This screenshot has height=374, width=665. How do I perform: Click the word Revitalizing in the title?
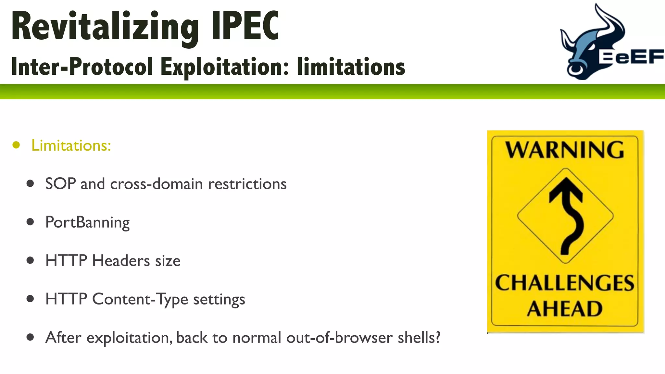tap(105, 27)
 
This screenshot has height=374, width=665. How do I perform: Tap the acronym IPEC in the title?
tap(245, 26)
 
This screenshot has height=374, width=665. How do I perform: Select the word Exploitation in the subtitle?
tap(224, 67)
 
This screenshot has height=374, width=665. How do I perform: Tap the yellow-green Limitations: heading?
tap(71, 145)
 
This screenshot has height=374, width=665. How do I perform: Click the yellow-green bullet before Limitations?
tap(16, 145)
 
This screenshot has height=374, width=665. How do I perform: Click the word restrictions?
tap(247, 184)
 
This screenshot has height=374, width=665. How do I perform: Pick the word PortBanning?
tap(87, 222)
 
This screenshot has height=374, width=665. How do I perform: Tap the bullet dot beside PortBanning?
tap(30, 222)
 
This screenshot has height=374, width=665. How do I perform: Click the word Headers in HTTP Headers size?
tap(121, 261)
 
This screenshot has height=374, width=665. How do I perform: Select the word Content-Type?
tap(140, 299)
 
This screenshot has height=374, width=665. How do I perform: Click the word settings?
tap(219, 299)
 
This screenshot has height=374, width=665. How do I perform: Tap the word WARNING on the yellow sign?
tap(565, 150)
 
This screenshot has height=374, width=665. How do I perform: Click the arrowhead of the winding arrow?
tap(566, 188)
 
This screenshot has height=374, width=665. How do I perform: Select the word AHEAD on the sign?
tap(565, 309)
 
